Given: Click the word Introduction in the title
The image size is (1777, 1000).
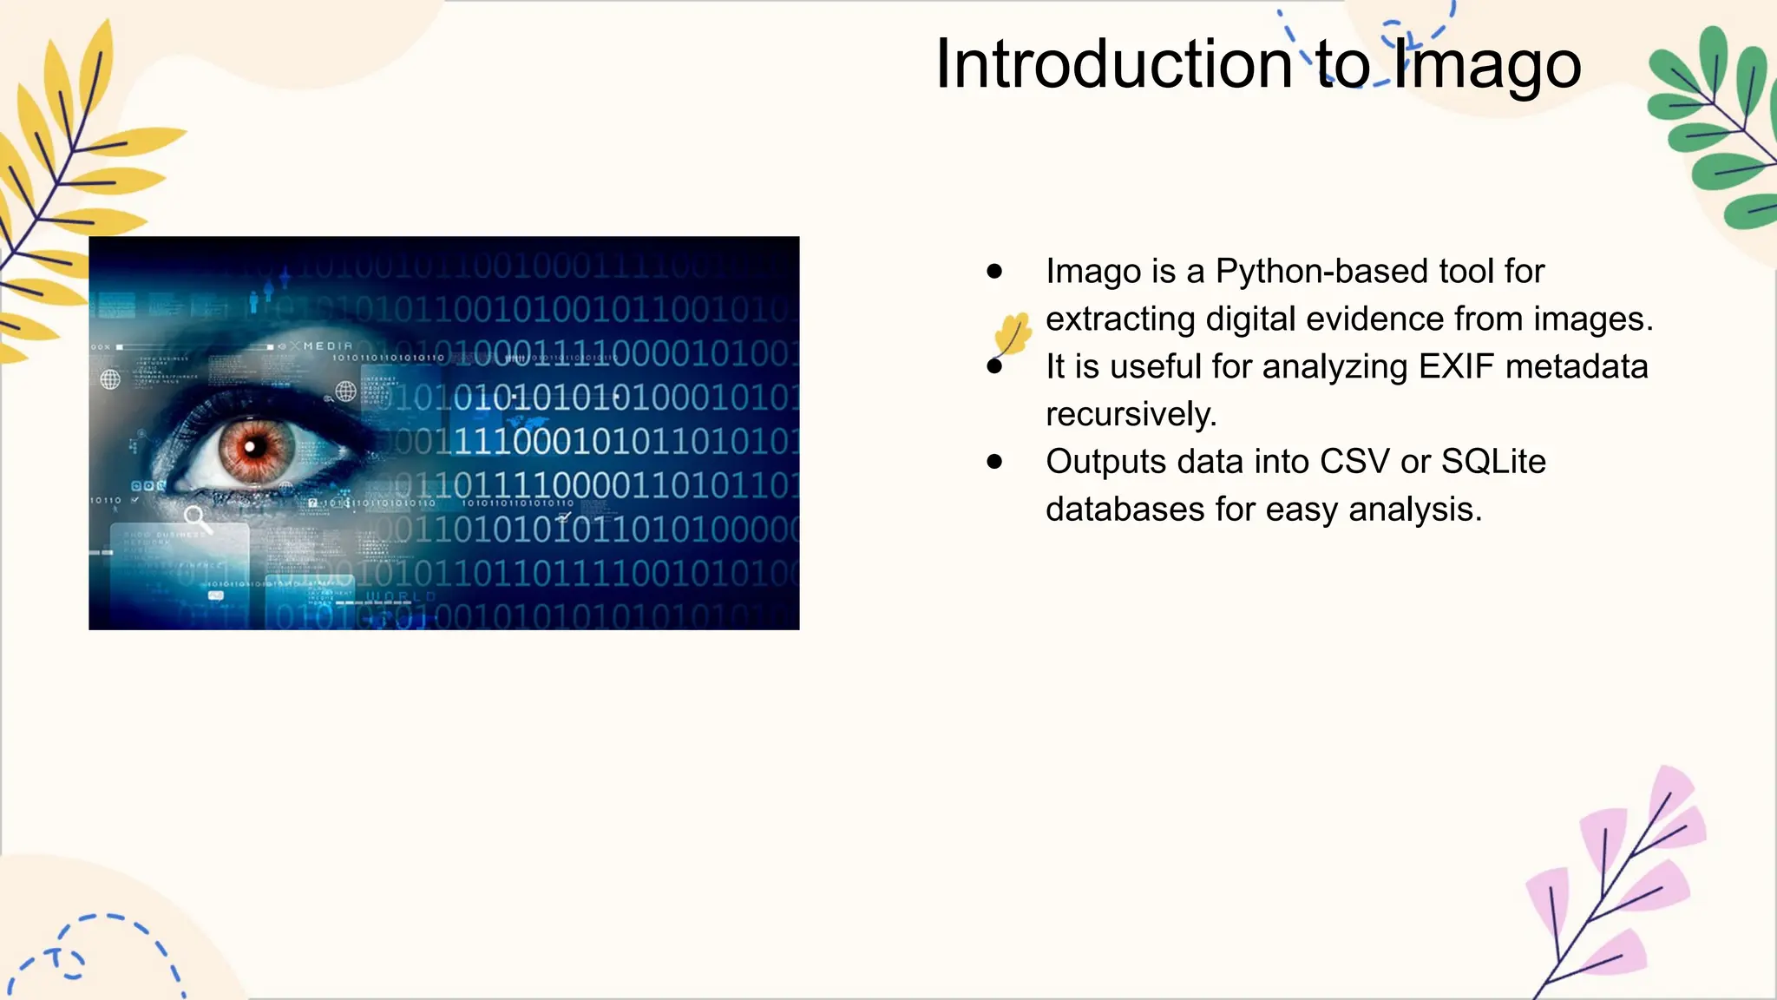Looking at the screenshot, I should point(1114,64).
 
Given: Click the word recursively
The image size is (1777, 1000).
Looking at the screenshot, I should point(1130,415).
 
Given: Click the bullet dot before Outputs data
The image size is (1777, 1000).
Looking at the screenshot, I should point(994,462).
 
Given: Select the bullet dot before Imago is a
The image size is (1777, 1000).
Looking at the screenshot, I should point(994,272).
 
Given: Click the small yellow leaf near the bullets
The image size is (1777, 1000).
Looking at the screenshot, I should point(1013,334).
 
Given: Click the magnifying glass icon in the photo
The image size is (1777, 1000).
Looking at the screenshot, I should point(197,519).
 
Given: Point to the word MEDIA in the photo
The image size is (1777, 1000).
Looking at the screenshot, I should point(327,346).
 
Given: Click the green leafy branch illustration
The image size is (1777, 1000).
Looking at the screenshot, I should point(1714,130).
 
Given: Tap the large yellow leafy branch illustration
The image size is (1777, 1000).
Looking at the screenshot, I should point(69,174).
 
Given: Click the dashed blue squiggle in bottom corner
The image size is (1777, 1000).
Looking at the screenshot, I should point(95,951).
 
